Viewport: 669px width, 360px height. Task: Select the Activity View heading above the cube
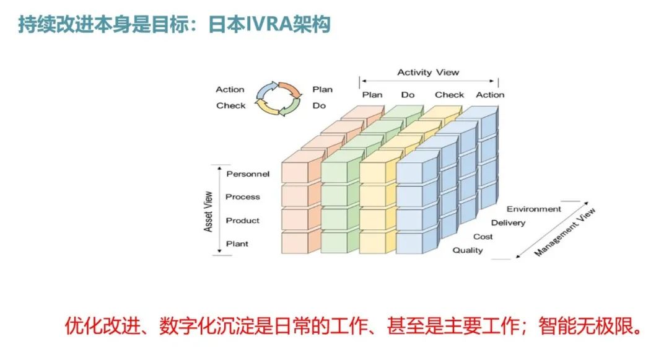(428, 72)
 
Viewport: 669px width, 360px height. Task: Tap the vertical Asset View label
(209, 211)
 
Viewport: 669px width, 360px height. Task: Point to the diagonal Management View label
(564, 233)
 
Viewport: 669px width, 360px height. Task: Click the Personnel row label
(248, 174)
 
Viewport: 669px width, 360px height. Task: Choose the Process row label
(243, 197)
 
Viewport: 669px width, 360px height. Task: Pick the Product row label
(243, 221)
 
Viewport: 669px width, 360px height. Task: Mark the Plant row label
(237, 244)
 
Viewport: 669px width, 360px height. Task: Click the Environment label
(533, 209)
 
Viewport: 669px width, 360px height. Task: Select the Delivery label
(508, 223)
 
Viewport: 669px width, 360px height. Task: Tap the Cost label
(483, 237)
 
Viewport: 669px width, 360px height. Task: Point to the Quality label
(468, 250)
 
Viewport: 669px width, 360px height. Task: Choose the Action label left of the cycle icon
(230, 90)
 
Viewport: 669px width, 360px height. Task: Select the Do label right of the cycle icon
(319, 106)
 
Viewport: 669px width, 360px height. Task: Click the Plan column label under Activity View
(372, 95)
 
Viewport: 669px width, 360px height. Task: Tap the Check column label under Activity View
(449, 95)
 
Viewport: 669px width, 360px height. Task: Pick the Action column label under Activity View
(490, 95)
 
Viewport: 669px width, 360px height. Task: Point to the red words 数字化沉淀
(196, 325)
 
